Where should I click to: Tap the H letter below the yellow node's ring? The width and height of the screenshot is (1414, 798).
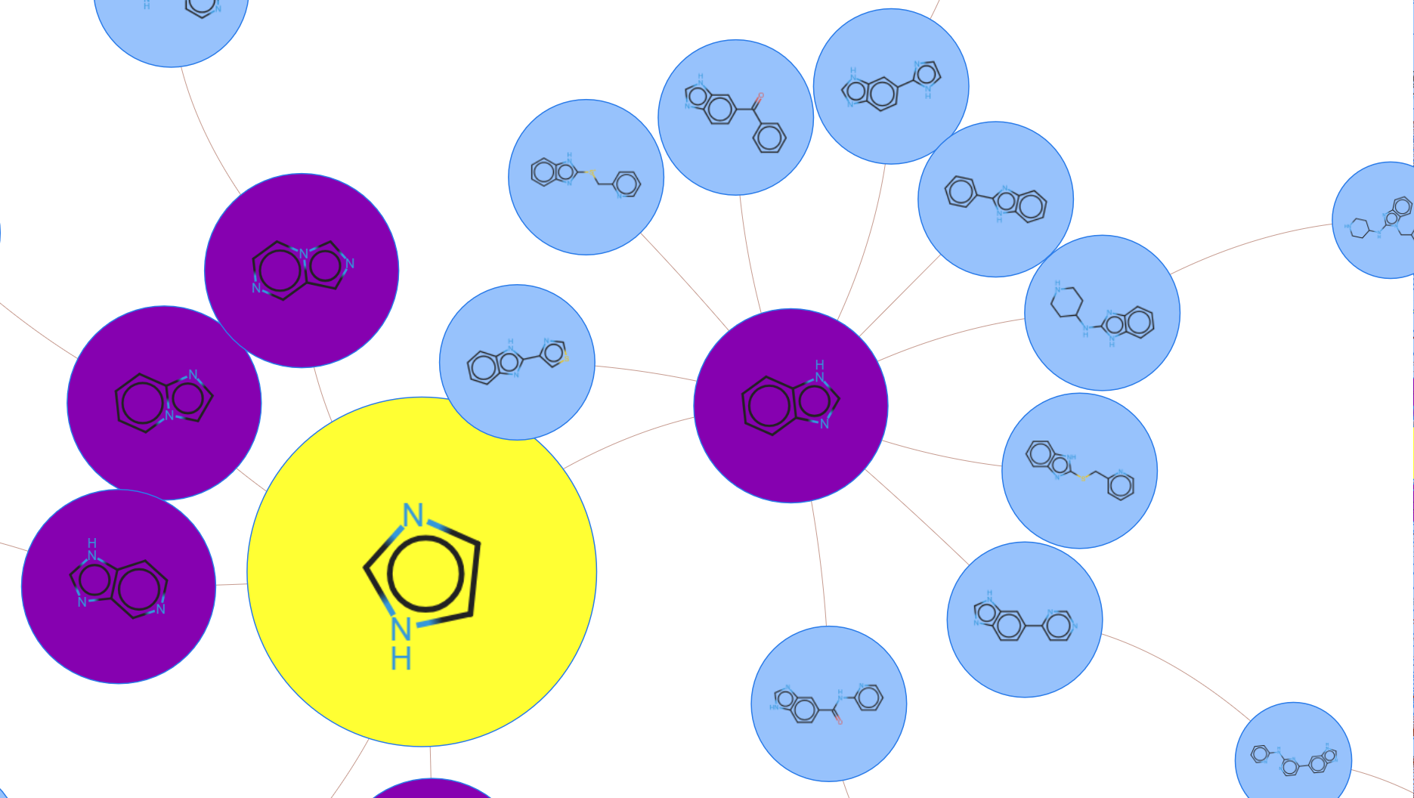coord(401,660)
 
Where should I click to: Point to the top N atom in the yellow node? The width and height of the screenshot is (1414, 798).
coord(413,515)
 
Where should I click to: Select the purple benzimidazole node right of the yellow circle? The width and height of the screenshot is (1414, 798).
coord(791,453)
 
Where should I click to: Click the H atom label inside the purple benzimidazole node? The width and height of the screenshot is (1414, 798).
coord(820,365)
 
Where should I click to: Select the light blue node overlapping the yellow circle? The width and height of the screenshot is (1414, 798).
coord(517,393)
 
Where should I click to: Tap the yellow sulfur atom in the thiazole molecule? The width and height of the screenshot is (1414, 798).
coord(565,357)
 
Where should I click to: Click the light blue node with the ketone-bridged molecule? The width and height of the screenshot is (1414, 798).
coord(735,159)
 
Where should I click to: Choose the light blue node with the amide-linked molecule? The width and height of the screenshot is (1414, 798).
coord(829,737)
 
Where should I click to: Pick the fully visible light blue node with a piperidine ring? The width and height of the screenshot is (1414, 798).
coord(1102,355)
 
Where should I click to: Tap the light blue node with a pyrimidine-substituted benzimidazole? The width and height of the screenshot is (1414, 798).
coord(1024,657)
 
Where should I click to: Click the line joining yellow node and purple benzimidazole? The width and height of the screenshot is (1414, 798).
coord(627,438)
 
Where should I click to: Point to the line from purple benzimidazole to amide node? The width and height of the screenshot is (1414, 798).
coord(820,567)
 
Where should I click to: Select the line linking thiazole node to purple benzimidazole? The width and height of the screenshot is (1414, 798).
coord(642,371)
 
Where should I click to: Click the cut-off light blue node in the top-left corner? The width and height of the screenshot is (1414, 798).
coord(172,34)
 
